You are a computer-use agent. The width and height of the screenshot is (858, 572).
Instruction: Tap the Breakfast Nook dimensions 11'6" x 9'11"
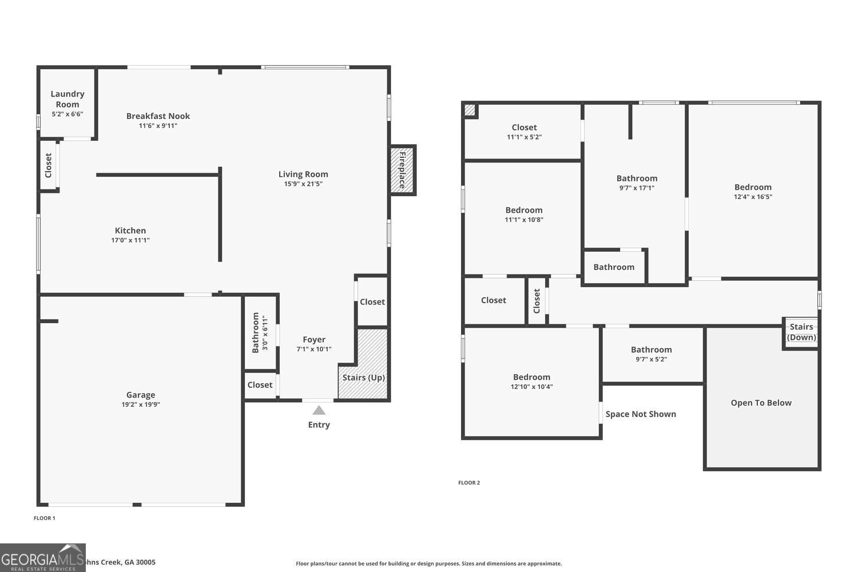tap(158, 126)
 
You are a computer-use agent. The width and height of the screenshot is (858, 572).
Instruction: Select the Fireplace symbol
tap(402, 170)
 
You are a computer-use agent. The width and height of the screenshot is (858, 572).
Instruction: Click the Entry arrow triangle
tap(319, 410)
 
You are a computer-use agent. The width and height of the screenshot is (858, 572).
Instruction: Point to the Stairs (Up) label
tap(364, 378)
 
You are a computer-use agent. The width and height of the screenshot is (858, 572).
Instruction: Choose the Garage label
tap(141, 395)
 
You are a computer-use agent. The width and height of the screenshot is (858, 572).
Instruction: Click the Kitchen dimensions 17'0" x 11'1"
tap(130, 240)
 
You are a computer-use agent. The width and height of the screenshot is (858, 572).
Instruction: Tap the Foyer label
tap(314, 339)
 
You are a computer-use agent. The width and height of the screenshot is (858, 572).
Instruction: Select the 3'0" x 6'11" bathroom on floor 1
tap(260, 332)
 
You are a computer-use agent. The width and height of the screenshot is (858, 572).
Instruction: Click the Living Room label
tap(303, 174)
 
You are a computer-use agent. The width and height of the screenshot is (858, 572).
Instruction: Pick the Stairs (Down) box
tap(801, 332)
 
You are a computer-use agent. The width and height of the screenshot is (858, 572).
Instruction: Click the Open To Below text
tap(761, 403)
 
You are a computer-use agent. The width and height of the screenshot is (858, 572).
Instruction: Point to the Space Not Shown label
tap(641, 414)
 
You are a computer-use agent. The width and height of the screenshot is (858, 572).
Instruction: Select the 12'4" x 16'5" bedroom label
tap(753, 187)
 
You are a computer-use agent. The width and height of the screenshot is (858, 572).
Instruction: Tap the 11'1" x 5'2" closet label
tap(524, 128)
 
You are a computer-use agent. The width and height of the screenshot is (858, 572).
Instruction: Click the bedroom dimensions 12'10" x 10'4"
tap(532, 387)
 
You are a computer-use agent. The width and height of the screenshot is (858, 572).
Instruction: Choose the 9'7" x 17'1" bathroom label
tap(637, 178)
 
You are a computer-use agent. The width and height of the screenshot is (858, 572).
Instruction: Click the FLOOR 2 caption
tap(469, 483)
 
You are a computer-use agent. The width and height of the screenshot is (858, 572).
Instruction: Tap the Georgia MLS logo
tap(43, 558)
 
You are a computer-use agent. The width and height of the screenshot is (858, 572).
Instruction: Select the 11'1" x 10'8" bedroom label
tap(524, 210)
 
